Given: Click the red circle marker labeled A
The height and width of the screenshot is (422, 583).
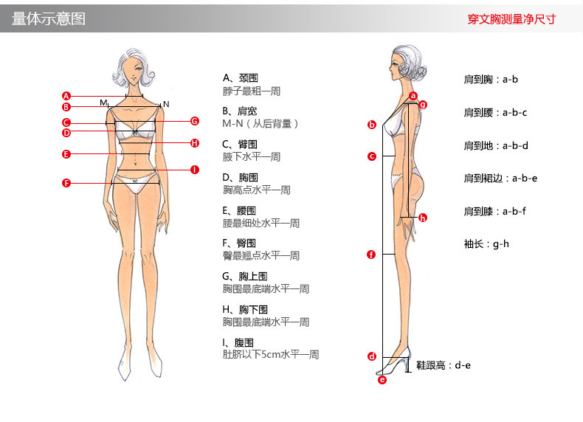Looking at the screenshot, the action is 66,96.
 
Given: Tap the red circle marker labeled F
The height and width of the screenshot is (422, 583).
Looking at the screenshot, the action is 66,183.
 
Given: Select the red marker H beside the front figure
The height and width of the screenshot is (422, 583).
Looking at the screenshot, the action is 195,143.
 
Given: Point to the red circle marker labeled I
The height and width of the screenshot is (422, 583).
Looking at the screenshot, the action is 195,170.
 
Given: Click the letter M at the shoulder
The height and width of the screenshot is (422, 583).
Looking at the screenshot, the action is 103,103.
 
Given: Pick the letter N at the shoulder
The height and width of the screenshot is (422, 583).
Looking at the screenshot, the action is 166,104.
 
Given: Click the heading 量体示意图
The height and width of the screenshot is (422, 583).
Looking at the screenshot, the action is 49,18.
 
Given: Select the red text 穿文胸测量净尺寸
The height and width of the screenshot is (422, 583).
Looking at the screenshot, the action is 511,19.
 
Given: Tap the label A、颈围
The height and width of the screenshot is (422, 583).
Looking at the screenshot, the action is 240,78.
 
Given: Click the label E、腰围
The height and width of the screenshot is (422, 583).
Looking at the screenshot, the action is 239,211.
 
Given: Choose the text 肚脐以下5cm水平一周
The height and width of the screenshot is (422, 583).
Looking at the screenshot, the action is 271,354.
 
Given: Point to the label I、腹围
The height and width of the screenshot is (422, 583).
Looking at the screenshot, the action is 238,342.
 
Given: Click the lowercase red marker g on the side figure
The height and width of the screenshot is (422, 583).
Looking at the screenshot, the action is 423,105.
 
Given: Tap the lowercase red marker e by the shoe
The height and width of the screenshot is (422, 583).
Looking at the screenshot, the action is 382,380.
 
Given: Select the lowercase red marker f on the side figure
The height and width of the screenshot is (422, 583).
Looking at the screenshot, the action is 371,255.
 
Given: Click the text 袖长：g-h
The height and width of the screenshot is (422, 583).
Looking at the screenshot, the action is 486,244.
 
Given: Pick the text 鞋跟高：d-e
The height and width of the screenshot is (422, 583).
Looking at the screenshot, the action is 444,365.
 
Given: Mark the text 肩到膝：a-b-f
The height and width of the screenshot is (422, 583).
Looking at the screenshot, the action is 495,211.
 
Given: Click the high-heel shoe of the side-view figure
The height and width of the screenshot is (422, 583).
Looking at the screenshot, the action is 395,362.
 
